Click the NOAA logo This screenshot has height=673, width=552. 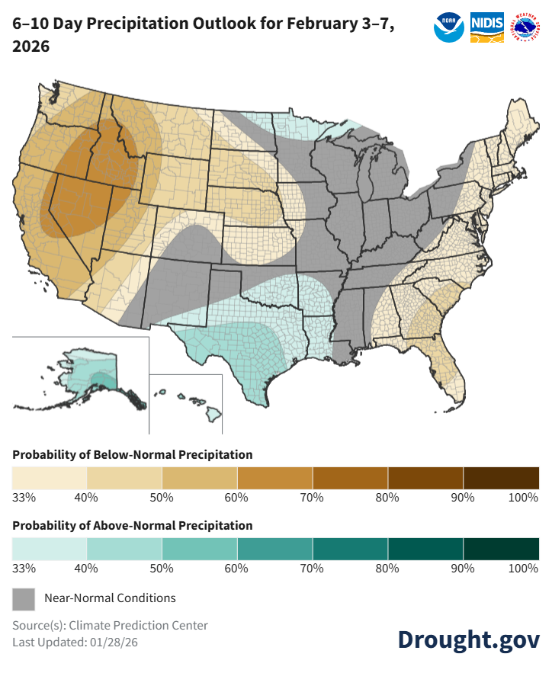click(448, 27)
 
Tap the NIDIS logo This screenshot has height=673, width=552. click(486, 27)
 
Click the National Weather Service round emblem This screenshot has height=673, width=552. click(525, 27)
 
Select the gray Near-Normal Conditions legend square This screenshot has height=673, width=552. click(24, 598)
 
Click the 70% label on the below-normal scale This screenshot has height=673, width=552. click(312, 498)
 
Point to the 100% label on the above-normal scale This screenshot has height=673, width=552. click(524, 569)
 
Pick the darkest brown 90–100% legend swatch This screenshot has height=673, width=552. click(501, 478)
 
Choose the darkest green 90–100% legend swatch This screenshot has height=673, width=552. click(501, 549)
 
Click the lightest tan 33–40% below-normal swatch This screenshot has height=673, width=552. click(50, 478)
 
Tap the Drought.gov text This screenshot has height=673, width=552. click(468, 639)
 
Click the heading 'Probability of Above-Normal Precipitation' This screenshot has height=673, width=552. click(132, 525)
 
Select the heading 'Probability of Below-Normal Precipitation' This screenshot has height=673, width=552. click(132, 454)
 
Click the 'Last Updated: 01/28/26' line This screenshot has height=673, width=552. click(75, 642)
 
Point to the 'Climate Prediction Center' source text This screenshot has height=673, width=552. click(138, 625)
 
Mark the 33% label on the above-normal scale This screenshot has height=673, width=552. click(24, 569)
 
